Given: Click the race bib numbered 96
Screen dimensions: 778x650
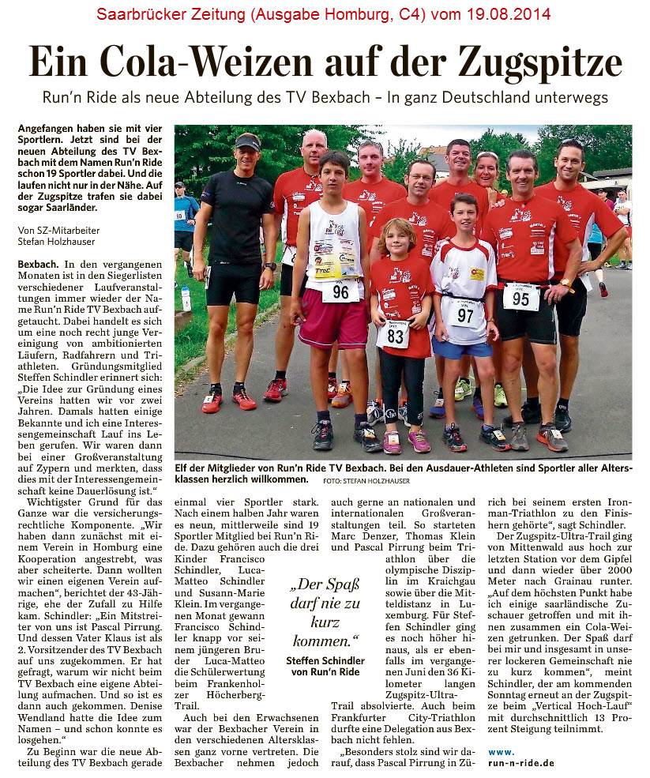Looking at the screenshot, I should (x=340, y=291).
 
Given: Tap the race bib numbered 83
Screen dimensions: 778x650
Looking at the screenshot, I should (x=393, y=335).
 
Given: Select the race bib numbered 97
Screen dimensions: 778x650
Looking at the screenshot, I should (x=464, y=314).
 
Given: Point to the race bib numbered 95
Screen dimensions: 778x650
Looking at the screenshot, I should (x=520, y=299).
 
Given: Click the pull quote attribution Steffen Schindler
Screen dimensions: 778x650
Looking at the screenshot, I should (x=325, y=660).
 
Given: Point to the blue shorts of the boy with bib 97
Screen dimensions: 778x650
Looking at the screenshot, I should (x=462, y=347).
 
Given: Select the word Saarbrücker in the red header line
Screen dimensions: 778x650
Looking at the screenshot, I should (x=138, y=15).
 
